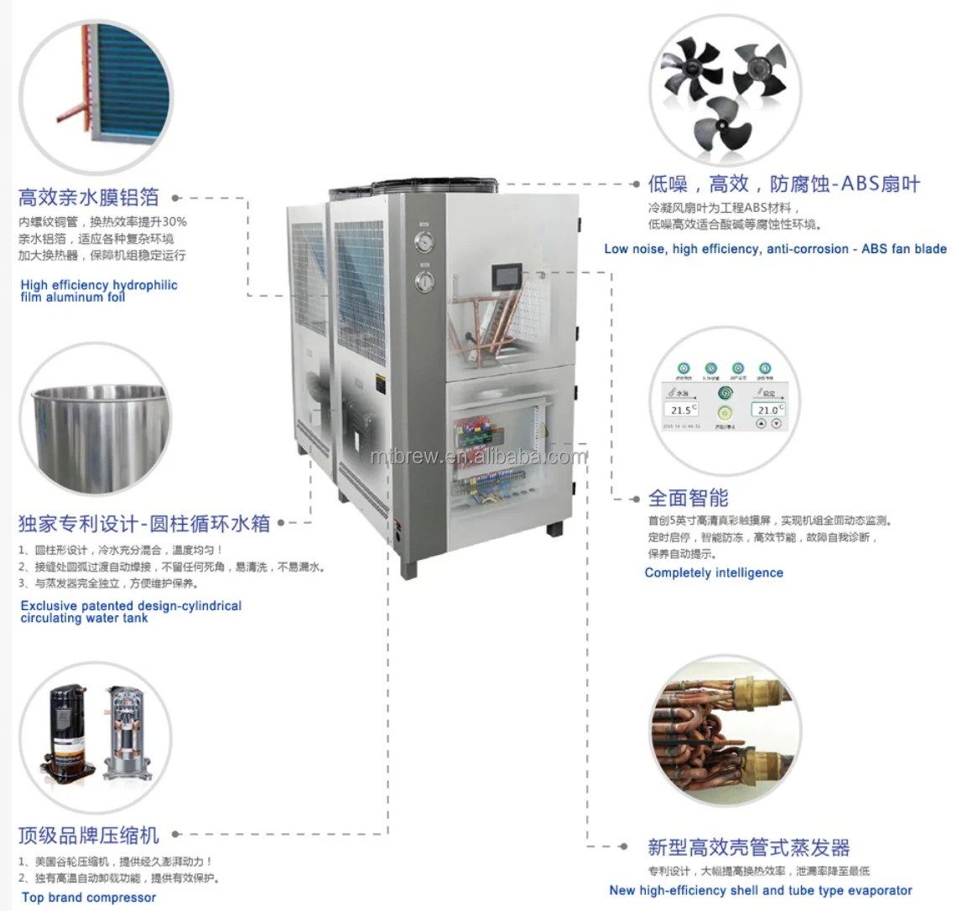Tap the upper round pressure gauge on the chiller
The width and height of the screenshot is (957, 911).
click(x=425, y=242)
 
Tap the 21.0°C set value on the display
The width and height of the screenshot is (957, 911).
click(x=767, y=409)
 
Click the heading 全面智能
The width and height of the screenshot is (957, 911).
click(x=688, y=498)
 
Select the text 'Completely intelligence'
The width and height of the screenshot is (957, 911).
click(x=714, y=573)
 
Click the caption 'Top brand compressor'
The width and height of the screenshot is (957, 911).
click(x=89, y=898)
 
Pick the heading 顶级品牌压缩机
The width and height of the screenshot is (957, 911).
click(x=89, y=836)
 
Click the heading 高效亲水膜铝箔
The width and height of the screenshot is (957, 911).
click(x=89, y=197)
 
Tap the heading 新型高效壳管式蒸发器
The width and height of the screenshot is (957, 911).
click(x=749, y=847)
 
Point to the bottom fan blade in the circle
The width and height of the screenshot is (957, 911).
click(x=727, y=123)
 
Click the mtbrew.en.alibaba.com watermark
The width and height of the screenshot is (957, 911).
click(x=479, y=457)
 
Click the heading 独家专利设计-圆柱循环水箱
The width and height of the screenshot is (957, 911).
click(x=144, y=525)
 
